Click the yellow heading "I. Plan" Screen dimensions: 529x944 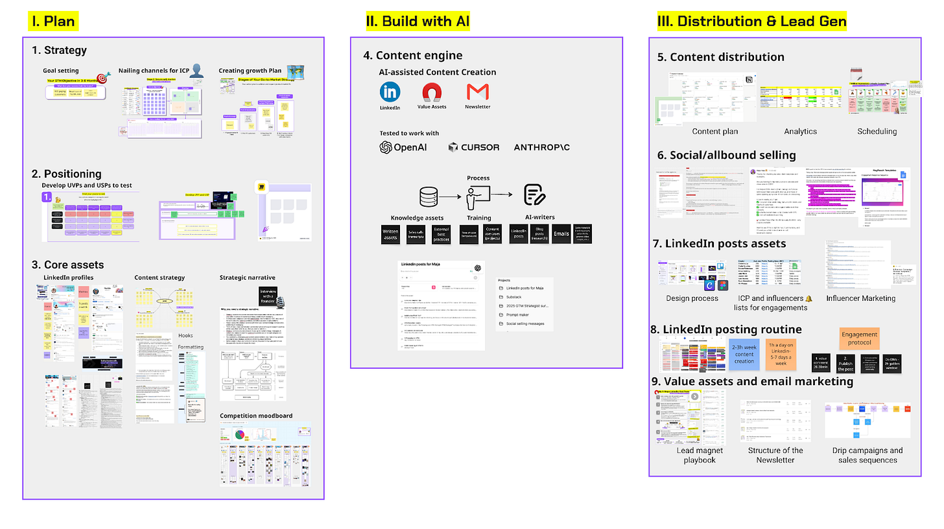[54, 21]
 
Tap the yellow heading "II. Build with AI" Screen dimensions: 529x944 [418, 21]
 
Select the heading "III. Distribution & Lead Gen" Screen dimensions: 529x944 [751, 21]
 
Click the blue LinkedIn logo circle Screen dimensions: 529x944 [390, 91]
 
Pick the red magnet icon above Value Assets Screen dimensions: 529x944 [431, 92]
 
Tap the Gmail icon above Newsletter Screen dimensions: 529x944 [477, 92]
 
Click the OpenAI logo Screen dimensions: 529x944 [403, 147]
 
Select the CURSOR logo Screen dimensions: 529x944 [473, 147]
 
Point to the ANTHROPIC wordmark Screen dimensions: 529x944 [542, 147]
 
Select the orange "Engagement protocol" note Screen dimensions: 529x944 [859, 338]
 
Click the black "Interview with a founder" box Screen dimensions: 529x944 [268, 296]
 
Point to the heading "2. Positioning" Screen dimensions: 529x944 [67, 174]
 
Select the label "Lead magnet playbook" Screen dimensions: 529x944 [699, 455]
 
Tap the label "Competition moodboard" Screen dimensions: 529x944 [255, 416]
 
